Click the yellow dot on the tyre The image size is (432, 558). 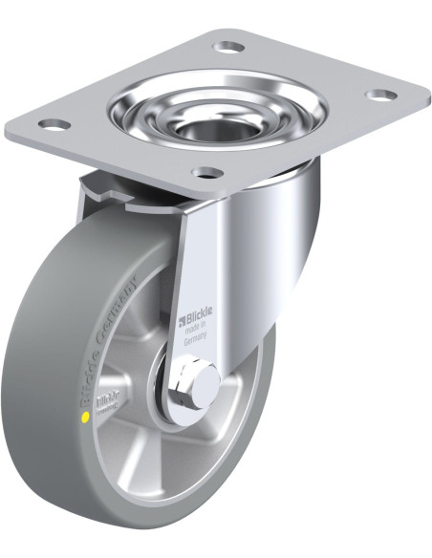pyautogui.click(x=87, y=416)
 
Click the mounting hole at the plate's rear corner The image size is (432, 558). pyautogui.click(x=229, y=45)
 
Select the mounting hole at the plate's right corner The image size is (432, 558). pyautogui.click(x=381, y=96)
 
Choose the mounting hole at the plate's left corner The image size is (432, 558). pyautogui.click(x=54, y=124)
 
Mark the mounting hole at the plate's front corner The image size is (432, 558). pyautogui.click(x=206, y=173)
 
